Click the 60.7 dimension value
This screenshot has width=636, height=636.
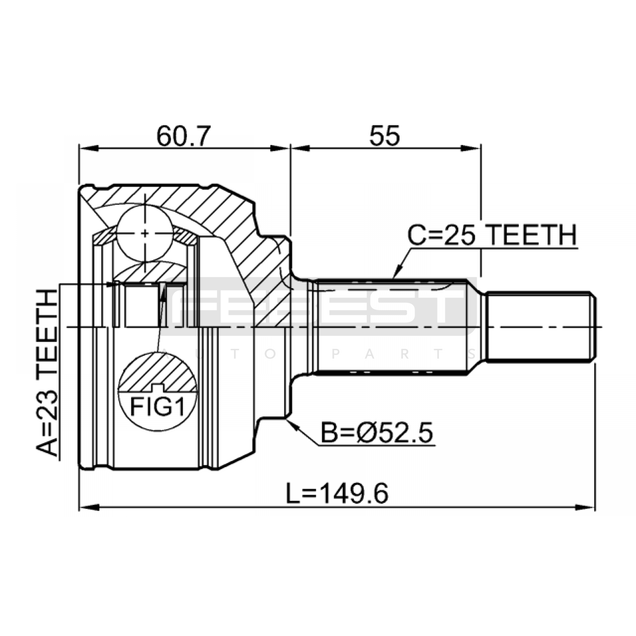(182, 136)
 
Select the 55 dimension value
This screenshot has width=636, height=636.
(384, 136)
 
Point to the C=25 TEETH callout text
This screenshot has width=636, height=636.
(492, 235)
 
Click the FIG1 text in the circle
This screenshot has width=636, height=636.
(158, 407)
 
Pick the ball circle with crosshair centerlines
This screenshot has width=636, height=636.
(145, 233)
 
